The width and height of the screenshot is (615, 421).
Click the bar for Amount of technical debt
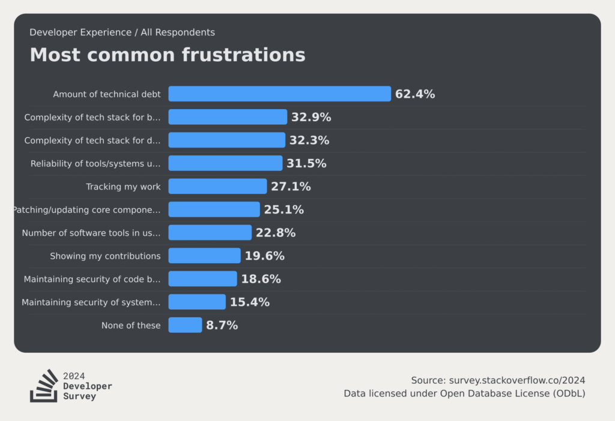coord(279,94)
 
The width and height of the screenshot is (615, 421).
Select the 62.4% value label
coord(415,94)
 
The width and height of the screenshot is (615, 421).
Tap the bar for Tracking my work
coord(217,187)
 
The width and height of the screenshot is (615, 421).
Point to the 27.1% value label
coord(291,187)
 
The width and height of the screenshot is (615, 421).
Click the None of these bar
coord(185,325)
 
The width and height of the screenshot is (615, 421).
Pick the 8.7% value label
coord(222,325)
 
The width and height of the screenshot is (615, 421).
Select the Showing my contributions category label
coord(105,256)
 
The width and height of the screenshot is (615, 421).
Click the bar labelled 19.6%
coord(204,256)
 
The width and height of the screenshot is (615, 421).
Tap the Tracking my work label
coord(123,187)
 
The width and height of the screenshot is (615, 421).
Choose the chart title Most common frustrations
coord(168,55)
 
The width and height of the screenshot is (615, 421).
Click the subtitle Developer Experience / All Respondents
coord(122,32)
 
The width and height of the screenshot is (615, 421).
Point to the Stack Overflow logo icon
coord(44,386)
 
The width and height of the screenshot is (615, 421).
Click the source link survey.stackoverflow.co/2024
coord(515,380)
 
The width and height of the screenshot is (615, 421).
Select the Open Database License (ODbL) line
coord(464,393)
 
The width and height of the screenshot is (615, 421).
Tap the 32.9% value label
coord(311,117)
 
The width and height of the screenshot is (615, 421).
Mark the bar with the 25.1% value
coord(214,209)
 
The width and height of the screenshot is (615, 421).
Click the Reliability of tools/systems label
coord(95,163)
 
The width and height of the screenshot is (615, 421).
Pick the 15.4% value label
coord(249,302)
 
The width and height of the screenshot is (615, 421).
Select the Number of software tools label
coord(91,233)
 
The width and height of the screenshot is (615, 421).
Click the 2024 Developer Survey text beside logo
coord(87,386)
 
